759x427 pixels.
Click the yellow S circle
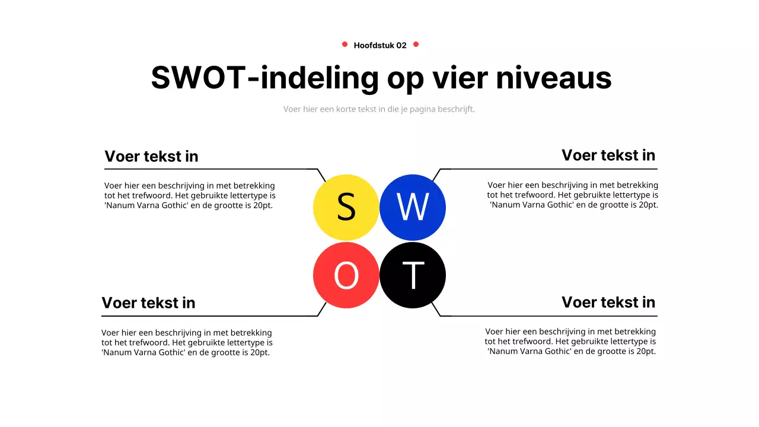(x=346, y=208)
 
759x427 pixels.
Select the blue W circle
(x=412, y=208)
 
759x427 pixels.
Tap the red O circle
(x=346, y=275)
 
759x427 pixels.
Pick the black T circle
(x=412, y=275)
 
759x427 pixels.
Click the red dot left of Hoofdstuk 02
(x=345, y=44)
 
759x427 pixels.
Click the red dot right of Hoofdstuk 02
(x=416, y=44)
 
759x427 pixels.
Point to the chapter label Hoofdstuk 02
(x=380, y=45)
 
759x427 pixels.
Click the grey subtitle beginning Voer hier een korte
(x=379, y=109)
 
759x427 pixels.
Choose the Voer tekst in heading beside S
(x=151, y=156)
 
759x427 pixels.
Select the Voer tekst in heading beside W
(x=608, y=155)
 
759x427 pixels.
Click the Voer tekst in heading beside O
(x=148, y=302)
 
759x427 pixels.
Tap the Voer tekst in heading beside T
(x=608, y=302)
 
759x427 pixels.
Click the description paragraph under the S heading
(x=190, y=195)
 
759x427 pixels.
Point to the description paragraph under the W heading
(x=573, y=195)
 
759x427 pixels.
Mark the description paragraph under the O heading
(x=187, y=342)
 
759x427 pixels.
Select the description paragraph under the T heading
(x=570, y=341)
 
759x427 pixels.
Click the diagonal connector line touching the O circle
(x=322, y=309)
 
